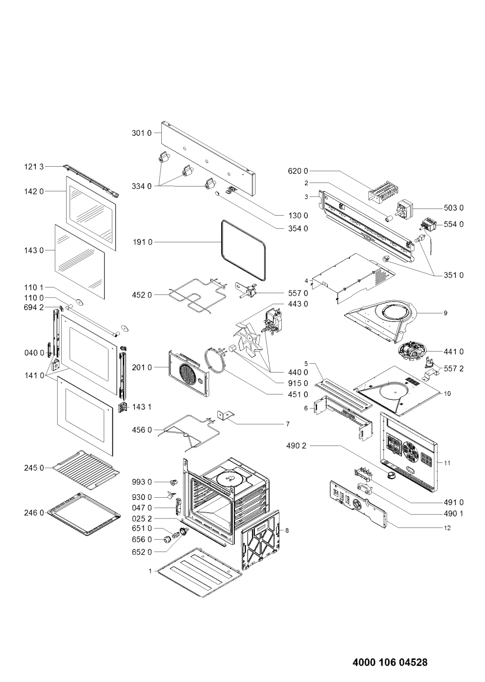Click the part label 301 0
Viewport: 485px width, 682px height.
142,133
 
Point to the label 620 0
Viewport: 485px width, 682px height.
298,171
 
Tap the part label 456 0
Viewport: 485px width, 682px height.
142,430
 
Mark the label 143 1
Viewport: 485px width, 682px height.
142,407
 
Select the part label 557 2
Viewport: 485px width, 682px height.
454,369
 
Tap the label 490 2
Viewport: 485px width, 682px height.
296,446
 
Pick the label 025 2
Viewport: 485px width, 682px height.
142,518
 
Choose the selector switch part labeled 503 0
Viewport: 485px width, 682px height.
404,209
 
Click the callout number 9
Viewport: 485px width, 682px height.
445,313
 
